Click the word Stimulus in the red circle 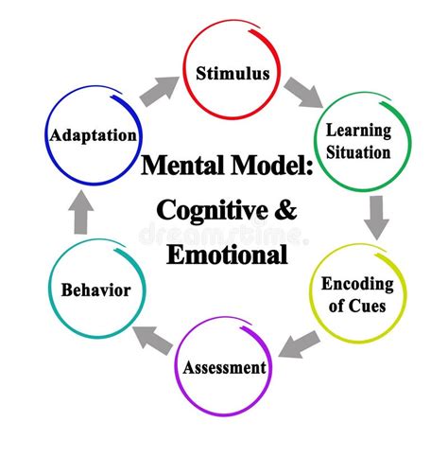(x=233, y=73)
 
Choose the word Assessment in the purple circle (x=224, y=367)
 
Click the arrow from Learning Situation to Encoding (x=376, y=217)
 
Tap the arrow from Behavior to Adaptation (x=81, y=217)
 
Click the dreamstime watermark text (x=223, y=233)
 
